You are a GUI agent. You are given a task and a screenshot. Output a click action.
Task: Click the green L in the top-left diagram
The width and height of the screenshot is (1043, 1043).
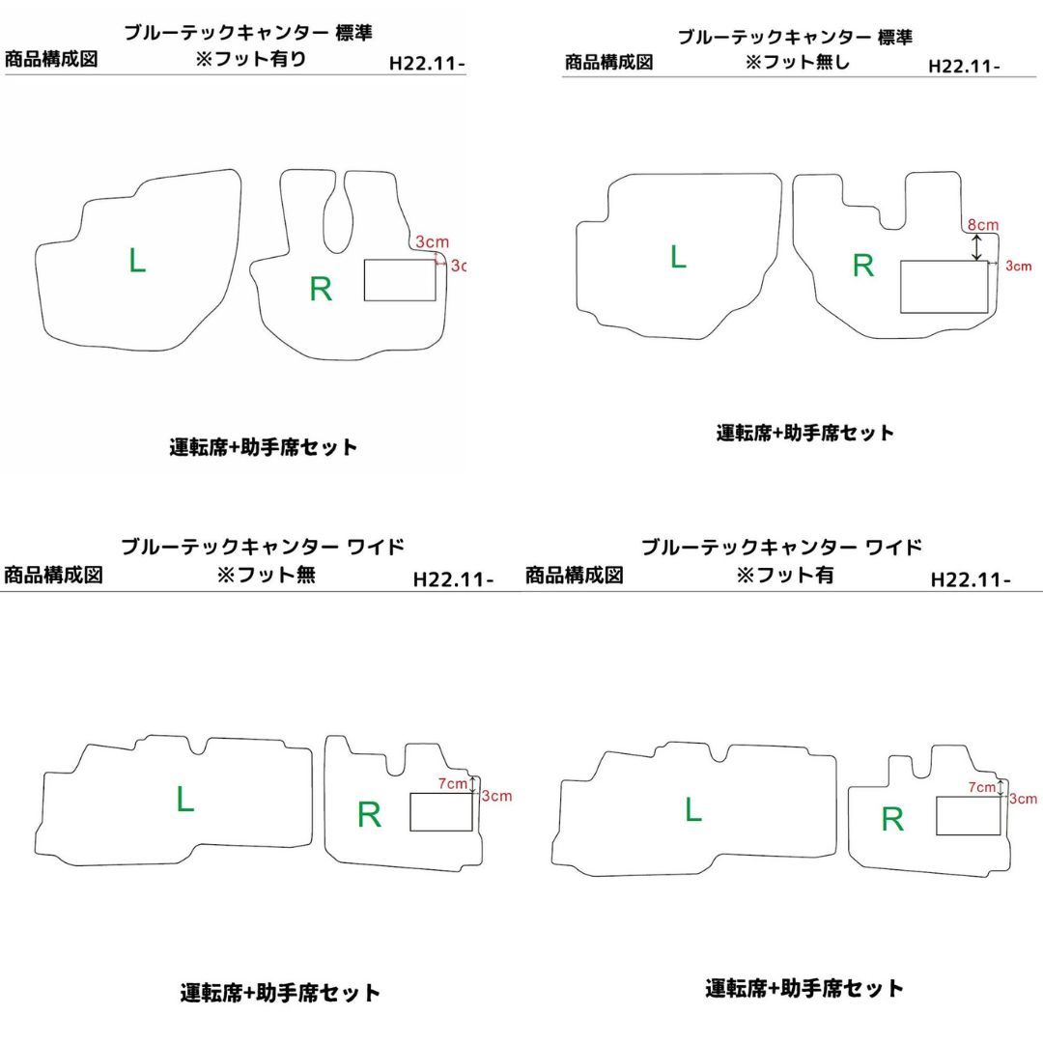click(137, 260)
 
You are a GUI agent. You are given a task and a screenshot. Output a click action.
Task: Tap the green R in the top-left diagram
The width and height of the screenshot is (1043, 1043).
click(321, 289)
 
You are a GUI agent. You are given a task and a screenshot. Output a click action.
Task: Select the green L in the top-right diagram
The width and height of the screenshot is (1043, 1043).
click(678, 256)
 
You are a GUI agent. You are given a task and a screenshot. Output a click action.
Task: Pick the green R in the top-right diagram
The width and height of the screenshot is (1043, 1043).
click(863, 266)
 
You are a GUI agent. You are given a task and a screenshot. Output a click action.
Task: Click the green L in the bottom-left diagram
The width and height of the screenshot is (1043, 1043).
click(184, 799)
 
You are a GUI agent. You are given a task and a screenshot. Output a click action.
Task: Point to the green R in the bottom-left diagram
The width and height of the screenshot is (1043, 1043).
click(369, 815)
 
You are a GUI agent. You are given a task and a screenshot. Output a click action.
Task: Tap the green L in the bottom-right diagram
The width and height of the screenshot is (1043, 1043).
click(693, 809)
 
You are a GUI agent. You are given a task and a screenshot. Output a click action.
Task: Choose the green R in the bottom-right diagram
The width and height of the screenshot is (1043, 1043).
click(892, 819)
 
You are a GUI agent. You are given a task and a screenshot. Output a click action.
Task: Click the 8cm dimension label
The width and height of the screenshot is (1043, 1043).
click(983, 225)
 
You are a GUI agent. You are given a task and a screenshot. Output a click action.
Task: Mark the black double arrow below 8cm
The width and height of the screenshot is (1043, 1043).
click(976, 247)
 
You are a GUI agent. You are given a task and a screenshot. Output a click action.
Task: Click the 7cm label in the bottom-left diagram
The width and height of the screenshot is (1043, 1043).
click(452, 783)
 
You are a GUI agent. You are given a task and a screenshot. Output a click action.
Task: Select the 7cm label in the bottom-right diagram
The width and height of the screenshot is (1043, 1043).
click(982, 787)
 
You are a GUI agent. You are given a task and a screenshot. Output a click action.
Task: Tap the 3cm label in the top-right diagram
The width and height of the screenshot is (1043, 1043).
click(1019, 267)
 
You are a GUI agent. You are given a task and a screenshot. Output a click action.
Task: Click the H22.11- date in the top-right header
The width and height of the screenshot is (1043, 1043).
click(964, 67)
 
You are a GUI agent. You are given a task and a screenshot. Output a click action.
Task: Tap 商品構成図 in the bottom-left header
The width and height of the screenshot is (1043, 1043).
click(53, 575)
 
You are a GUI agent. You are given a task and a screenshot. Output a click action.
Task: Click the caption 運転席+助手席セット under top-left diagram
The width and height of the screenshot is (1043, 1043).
click(264, 447)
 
